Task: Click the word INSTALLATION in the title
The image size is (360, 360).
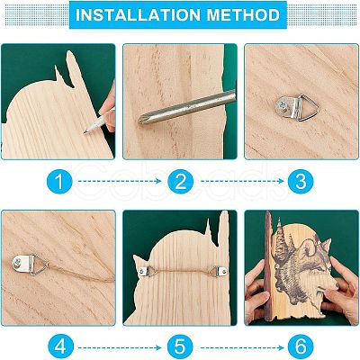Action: [x=139, y=15]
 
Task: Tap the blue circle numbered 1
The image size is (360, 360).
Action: [x=59, y=181]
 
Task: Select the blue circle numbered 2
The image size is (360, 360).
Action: [x=180, y=181]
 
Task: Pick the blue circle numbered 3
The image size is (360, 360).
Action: [x=301, y=181]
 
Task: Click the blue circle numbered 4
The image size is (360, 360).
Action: [x=60, y=347]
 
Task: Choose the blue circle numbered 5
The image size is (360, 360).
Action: [x=180, y=347]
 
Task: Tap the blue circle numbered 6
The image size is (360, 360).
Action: [x=301, y=347]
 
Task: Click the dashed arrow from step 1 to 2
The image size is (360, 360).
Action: [x=120, y=181]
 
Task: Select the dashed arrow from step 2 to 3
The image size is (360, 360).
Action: [x=242, y=181]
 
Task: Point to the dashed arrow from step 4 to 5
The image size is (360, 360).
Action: [x=120, y=347]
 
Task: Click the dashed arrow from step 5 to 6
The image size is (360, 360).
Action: [x=242, y=347]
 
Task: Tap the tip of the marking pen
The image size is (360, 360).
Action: [x=85, y=133]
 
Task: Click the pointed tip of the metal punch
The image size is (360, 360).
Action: [x=139, y=121]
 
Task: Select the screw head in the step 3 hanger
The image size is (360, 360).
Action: [x=283, y=105]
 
